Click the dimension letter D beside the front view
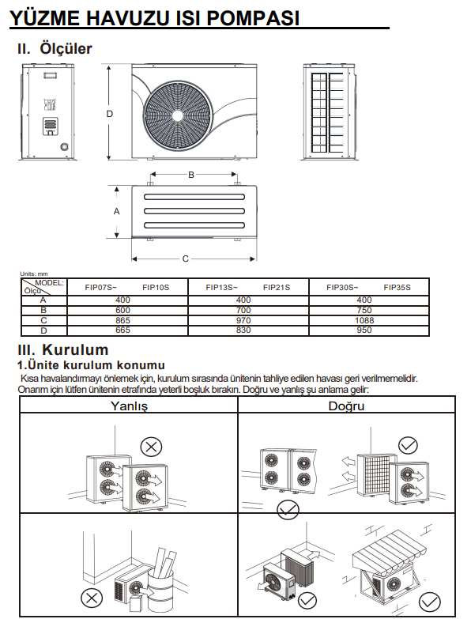[110, 114]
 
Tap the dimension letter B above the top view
[191, 175]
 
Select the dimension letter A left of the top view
[116, 212]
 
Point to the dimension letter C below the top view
[186, 259]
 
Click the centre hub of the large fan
[177, 115]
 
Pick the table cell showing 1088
[364, 320]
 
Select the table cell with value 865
[122, 320]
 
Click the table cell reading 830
[243, 330]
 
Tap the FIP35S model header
[397, 288]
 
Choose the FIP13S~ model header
[222, 288]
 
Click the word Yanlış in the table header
[129, 406]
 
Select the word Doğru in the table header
[346, 406]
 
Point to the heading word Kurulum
[75, 349]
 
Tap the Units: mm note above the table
[34, 274]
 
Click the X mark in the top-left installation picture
[151, 447]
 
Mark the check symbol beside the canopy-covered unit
[429, 602]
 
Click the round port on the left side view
[64, 147]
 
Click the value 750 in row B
[364, 310]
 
